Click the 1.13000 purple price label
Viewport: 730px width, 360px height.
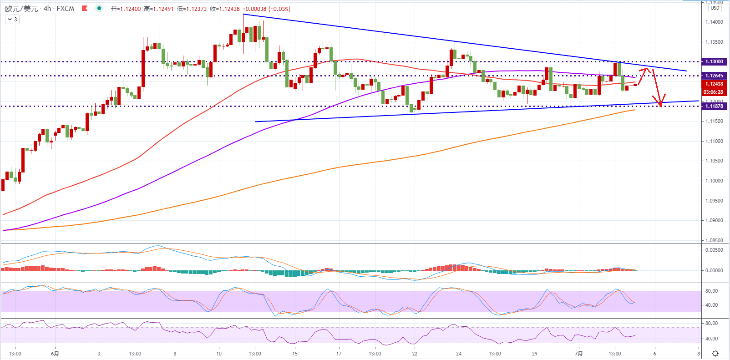pos(714,61)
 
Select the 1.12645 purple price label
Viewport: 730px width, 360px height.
pos(714,76)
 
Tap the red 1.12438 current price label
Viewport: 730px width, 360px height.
pos(714,84)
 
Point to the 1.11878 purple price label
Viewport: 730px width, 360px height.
pos(714,106)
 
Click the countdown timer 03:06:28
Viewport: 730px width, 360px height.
pos(714,92)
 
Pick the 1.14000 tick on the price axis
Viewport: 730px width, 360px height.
pos(714,22)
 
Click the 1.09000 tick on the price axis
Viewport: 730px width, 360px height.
pos(714,220)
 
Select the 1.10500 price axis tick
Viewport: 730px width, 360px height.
pos(714,161)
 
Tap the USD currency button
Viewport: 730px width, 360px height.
pos(715,8)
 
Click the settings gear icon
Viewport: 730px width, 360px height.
pos(715,354)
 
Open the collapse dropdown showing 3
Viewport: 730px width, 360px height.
pos(12,20)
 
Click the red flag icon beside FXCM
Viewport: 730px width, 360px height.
pos(84,8)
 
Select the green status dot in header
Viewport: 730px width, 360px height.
pos(99,8)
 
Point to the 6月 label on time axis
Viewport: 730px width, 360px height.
pos(55,354)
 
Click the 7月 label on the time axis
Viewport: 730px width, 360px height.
pos(578,354)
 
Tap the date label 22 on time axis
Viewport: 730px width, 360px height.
pos(415,354)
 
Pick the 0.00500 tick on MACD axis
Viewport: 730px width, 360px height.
pos(714,250)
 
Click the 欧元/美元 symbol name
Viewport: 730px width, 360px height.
pos(22,9)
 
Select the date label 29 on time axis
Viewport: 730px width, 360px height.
pos(534,354)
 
